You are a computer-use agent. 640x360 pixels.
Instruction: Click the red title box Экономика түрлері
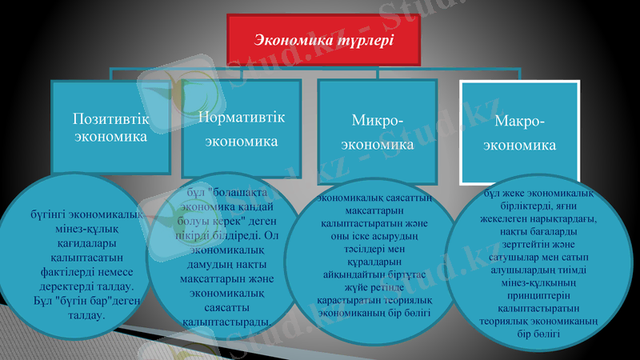click(x=324, y=39)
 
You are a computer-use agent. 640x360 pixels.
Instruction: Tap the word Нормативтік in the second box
click(x=242, y=116)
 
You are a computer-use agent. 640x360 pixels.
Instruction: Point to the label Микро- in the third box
click(x=378, y=120)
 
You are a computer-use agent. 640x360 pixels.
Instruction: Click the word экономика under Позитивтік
click(x=110, y=137)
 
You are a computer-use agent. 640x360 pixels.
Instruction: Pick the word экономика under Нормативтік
click(x=242, y=142)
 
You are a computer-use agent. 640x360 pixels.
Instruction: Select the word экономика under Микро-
click(x=378, y=146)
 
